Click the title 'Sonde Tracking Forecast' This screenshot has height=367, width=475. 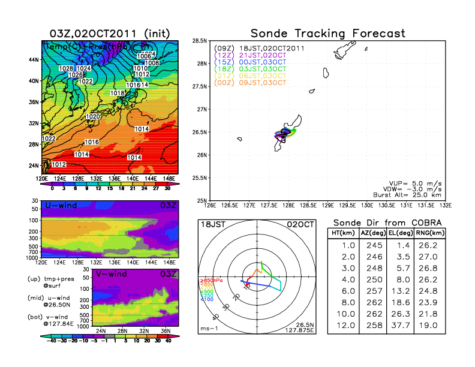click(327, 33)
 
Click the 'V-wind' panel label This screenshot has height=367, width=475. click(110, 275)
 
